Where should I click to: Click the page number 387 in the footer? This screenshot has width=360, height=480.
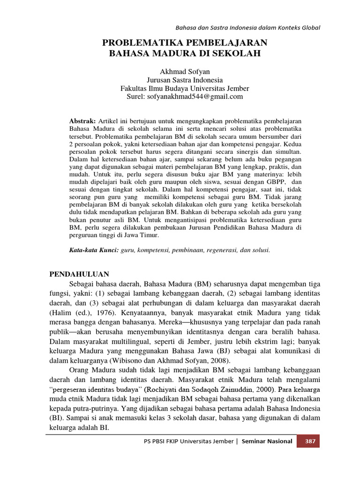(310, 441)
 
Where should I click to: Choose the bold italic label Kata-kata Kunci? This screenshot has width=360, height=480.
(94, 250)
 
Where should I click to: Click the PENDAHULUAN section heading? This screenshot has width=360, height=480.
(79, 274)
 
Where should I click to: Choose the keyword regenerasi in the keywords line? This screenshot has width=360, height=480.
(220, 250)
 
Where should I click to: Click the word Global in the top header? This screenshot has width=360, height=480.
(309, 28)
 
